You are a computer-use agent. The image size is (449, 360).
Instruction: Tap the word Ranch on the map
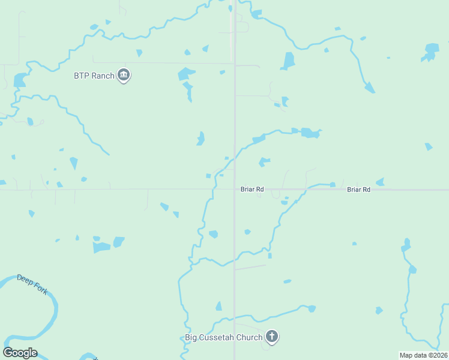(103, 76)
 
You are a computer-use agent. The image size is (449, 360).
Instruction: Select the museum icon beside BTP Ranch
(124, 75)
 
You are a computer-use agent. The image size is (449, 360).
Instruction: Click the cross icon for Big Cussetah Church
(272, 337)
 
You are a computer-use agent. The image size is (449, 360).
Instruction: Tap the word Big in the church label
(191, 337)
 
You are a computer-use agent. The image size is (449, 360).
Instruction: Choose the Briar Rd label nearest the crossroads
(252, 189)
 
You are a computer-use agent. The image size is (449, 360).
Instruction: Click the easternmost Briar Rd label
(358, 189)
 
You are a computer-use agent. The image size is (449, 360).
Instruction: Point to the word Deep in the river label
(24, 279)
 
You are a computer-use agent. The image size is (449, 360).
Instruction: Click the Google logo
(20, 353)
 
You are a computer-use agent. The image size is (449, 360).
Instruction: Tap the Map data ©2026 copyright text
(423, 355)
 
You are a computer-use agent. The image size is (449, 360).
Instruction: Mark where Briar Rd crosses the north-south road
(234, 189)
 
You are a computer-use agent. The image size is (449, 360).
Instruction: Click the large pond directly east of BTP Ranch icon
(186, 74)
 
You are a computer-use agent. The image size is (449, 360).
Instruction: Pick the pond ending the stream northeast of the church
(312, 308)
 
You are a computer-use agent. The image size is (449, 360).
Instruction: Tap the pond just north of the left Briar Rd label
(264, 161)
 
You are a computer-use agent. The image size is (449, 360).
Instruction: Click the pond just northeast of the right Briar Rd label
(379, 182)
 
